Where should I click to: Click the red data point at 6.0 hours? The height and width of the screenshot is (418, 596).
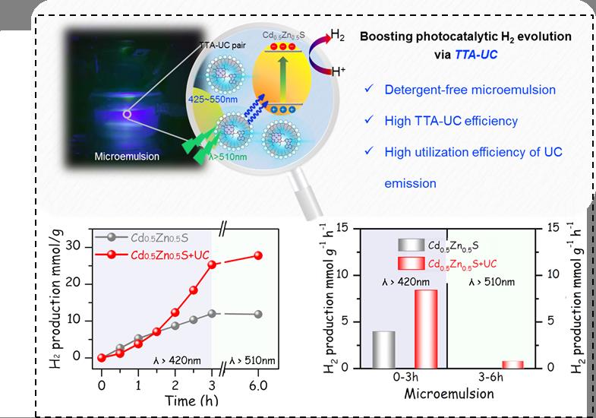point(257,255)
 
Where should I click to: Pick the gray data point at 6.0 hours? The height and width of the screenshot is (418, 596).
point(257,314)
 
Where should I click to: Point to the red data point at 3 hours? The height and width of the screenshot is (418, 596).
point(212,264)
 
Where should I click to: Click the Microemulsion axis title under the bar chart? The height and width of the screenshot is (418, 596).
point(449,394)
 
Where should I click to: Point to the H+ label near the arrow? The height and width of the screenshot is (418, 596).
point(342,72)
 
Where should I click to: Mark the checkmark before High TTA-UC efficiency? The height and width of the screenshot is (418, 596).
point(368,120)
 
